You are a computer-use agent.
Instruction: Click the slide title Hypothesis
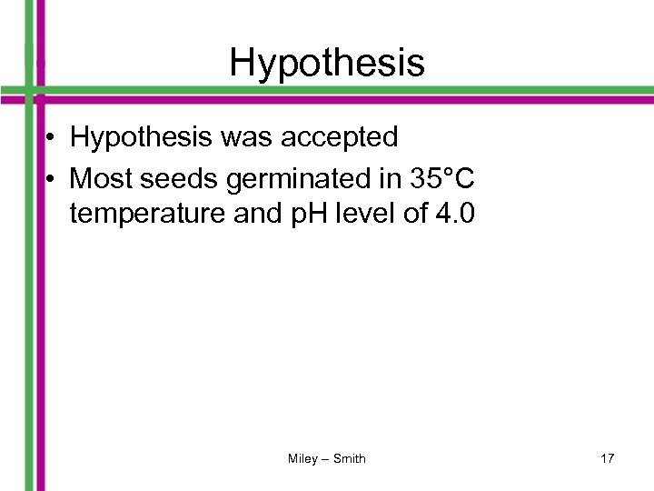coord(327,63)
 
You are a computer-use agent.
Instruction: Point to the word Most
coord(99,179)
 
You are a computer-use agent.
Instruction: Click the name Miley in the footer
coord(302,459)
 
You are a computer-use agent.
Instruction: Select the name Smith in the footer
coord(350,459)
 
